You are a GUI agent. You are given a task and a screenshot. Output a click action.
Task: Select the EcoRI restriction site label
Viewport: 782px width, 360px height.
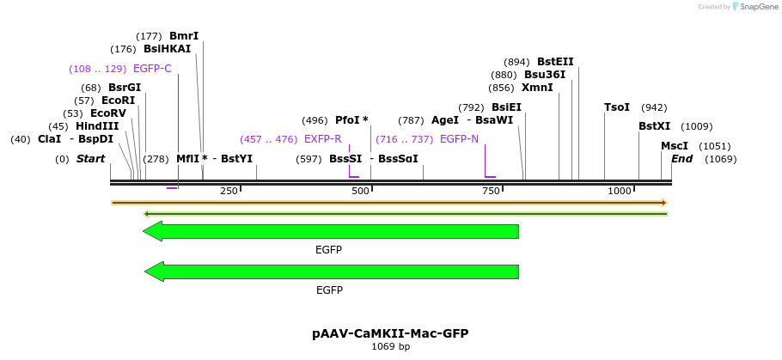tap(119, 101)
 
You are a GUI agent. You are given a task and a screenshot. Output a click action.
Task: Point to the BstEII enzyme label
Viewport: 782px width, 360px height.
tap(555, 62)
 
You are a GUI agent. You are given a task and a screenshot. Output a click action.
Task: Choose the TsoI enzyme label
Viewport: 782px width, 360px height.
tap(617, 107)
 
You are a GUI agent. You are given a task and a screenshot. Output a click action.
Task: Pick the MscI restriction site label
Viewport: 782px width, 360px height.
tap(675, 146)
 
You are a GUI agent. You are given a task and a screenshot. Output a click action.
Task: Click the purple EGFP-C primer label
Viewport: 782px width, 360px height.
tap(152, 69)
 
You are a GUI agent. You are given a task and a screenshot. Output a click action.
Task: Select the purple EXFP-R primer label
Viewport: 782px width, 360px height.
tap(322, 139)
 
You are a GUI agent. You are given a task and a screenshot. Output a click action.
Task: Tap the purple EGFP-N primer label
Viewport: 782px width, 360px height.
tap(459, 139)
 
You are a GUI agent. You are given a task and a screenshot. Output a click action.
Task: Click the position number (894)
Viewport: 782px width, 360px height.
tap(516, 63)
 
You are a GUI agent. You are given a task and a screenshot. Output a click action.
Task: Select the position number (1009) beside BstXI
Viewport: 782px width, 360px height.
tap(696, 126)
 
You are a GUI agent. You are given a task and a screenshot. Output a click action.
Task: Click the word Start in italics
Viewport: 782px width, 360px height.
tap(90, 159)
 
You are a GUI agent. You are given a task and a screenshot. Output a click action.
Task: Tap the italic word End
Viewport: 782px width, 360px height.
tap(681, 159)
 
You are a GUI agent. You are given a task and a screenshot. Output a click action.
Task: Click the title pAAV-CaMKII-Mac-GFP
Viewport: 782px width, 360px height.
tap(390, 333)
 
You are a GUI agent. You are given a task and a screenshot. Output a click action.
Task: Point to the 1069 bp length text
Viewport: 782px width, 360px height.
tap(390, 346)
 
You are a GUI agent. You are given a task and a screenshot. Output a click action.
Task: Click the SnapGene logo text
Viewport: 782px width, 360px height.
tap(757, 7)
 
